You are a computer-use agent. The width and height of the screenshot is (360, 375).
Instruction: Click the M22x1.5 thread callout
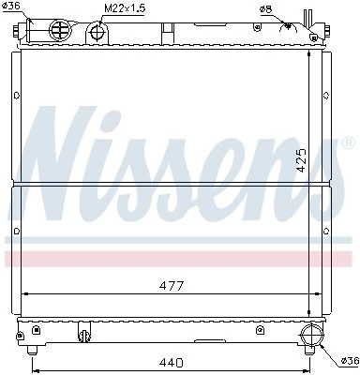(x=125, y=8)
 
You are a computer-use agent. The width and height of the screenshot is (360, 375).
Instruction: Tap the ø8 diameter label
(x=265, y=9)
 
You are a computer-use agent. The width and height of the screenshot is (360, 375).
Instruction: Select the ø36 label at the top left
(x=11, y=6)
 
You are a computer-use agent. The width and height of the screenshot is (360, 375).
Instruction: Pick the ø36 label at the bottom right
(x=350, y=361)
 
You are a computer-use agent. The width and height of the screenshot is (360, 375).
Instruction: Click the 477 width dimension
(x=172, y=285)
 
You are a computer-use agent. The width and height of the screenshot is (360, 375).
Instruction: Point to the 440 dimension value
(x=171, y=363)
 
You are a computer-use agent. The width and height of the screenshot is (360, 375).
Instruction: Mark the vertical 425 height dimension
(x=302, y=160)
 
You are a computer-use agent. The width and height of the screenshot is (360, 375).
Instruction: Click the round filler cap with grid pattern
(x=60, y=30)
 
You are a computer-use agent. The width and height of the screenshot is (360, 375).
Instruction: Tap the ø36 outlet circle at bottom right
(x=311, y=335)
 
